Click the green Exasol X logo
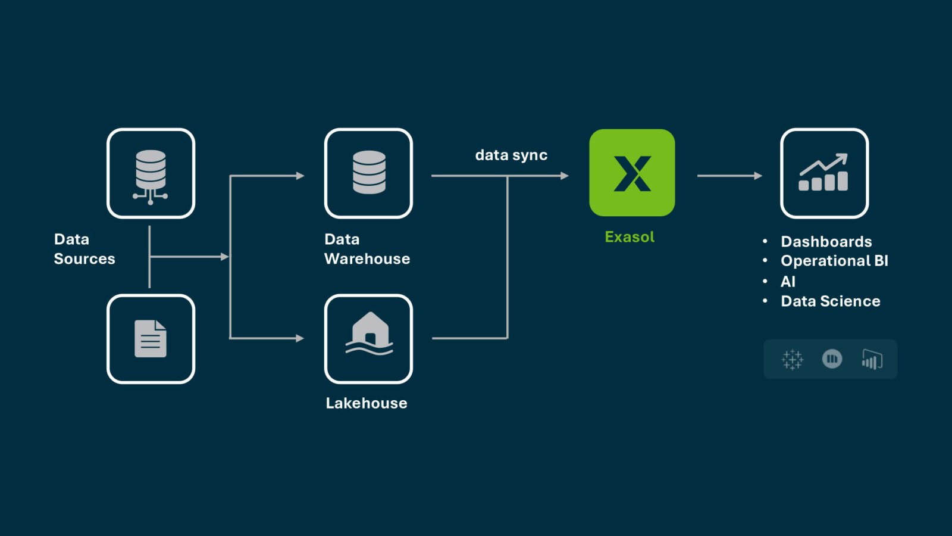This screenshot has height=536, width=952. tap(632, 173)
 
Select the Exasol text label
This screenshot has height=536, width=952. tap(630, 237)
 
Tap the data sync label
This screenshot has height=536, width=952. tap(511, 155)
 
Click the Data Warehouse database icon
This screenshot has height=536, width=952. tap(369, 173)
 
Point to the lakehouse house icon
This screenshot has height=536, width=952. tap(369, 335)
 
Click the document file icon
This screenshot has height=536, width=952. tap(151, 339)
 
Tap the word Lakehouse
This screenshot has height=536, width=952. tap(367, 403)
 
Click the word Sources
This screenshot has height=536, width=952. tap(84, 259)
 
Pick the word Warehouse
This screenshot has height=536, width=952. tap(367, 259)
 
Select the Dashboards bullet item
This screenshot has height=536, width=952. tap(826, 242)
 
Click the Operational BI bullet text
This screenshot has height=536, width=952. tap(834, 261)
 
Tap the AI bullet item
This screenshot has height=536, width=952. tap(788, 282)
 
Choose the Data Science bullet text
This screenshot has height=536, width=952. tap(830, 301)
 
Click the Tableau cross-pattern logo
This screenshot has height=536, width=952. tap(792, 360)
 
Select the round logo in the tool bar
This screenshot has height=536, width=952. tap(832, 359)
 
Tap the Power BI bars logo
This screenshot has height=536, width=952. tap(872, 360)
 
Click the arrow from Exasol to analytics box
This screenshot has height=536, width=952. tap(729, 176)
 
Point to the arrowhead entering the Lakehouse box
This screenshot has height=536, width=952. tap(300, 338)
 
